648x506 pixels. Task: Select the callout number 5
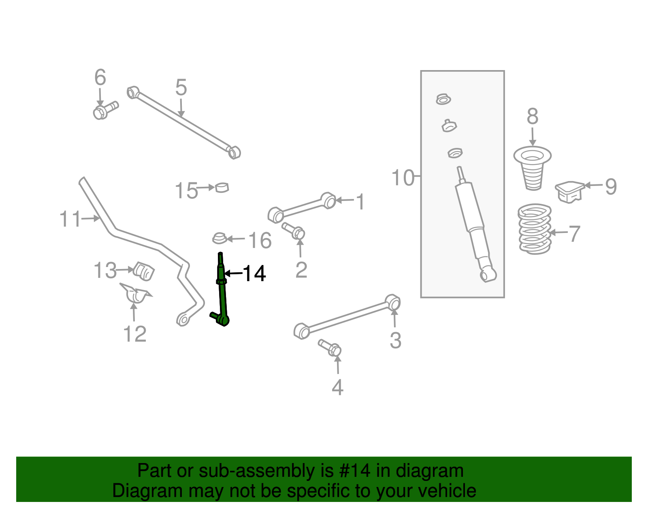(181, 88)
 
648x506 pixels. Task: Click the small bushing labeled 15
(222, 188)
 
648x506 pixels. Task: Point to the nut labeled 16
(220, 238)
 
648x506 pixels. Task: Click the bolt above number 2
(294, 231)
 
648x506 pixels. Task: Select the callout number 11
(70, 219)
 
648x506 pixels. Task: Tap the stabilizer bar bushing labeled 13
(144, 271)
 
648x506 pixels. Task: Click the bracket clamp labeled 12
(135, 294)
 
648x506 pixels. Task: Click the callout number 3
(395, 340)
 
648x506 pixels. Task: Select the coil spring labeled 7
(535, 229)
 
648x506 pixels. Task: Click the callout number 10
(403, 178)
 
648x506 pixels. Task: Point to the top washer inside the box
(443, 99)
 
